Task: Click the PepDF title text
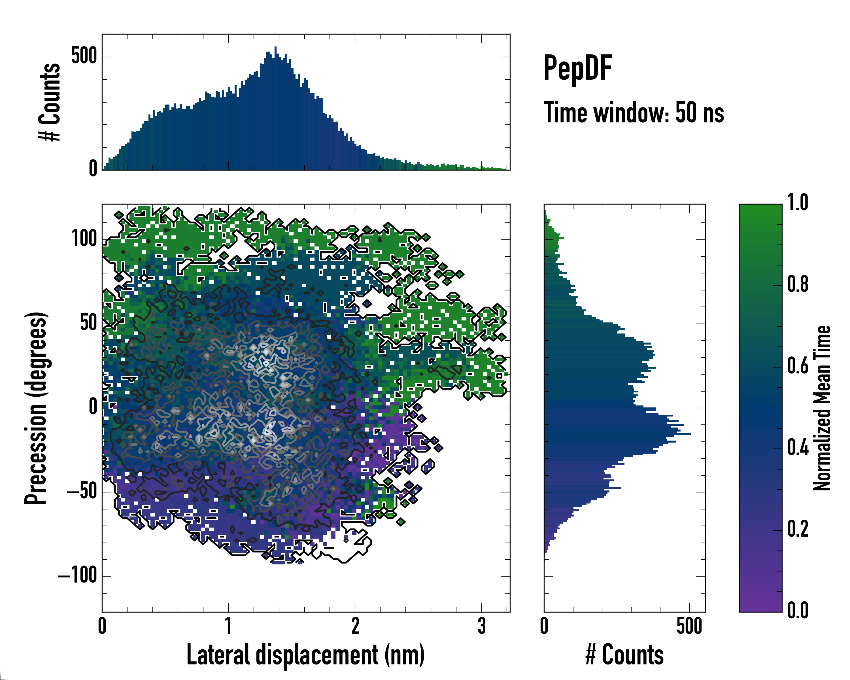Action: pyautogui.click(x=577, y=68)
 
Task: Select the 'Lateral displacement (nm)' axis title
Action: pyautogui.click(x=305, y=654)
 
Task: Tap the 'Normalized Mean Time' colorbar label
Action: pyautogui.click(x=822, y=408)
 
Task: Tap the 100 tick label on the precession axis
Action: pyautogui.click(x=84, y=239)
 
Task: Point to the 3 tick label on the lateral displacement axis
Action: pyautogui.click(x=481, y=626)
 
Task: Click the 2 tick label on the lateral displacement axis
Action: pyautogui.click(x=355, y=626)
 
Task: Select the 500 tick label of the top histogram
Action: pyautogui.click(x=84, y=56)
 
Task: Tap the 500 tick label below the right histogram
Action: pyautogui.click(x=689, y=626)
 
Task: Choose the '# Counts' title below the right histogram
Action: pyautogui.click(x=624, y=654)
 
